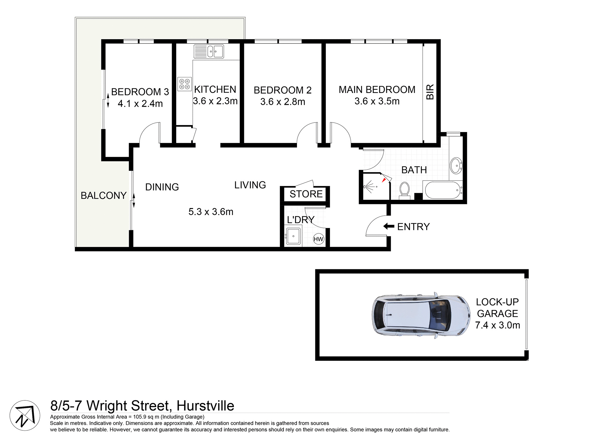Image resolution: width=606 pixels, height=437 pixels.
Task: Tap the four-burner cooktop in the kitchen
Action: pyautogui.click(x=185, y=84)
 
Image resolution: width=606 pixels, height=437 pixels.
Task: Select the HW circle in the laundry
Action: pyautogui.click(x=318, y=239)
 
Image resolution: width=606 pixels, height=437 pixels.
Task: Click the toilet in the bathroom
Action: pyautogui.click(x=404, y=190)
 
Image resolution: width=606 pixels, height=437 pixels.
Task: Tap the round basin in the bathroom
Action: pyautogui.click(x=456, y=165)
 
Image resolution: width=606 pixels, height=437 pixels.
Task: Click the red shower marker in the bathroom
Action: pyautogui.click(x=384, y=180)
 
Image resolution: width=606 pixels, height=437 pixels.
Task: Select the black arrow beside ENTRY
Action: pyautogui.click(x=389, y=226)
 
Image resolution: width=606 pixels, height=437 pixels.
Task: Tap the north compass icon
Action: pyautogui.click(x=25, y=416)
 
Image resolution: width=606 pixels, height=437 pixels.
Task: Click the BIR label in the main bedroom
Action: pyautogui.click(x=430, y=92)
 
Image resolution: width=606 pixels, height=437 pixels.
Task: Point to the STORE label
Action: pyautogui.click(x=306, y=194)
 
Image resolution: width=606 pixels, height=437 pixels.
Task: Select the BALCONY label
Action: pyautogui.click(x=104, y=195)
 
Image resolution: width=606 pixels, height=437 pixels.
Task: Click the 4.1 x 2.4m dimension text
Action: pyautogui.click(x=140, y=104)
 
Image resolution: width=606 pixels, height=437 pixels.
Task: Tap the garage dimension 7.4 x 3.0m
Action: pyautogui.click(x=497, y=325)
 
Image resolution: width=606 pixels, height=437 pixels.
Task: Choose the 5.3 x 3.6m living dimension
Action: pyautogui.click(x=211, y=212)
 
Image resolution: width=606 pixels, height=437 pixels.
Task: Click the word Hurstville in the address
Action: pyautogui.click(x=205, y=406)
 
